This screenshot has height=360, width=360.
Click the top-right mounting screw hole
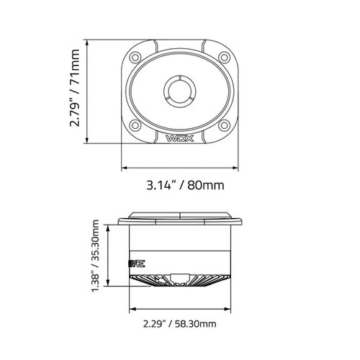[224, 56]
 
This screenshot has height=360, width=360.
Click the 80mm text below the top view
[205, 184]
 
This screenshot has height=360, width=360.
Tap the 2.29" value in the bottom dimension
[147, 325]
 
